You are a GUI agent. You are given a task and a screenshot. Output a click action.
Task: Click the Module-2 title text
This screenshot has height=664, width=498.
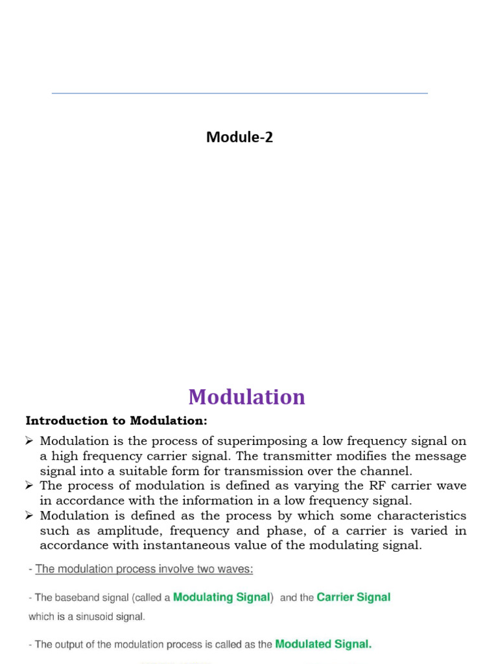pyautogui.click(x=239, y=137)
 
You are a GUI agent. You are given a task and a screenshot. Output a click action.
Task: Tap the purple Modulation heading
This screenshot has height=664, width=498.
pyautogui.click(x=246, y=397)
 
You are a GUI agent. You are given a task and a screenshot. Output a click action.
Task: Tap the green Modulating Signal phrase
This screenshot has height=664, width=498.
pyautogui.click(x=221, y=597)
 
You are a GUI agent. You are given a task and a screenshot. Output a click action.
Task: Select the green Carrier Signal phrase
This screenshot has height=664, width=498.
pyautogui.click(x=353, y=597)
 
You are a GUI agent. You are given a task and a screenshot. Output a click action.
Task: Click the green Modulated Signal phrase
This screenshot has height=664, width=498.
pyautogui.click(x=324, y=645)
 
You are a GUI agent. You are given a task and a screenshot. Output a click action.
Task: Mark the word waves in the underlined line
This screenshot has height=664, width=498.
pyautogui.click(x=236, y=569)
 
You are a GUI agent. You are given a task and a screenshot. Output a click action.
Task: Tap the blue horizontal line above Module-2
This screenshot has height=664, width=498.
pyautogui.click(x=239, y=93)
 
